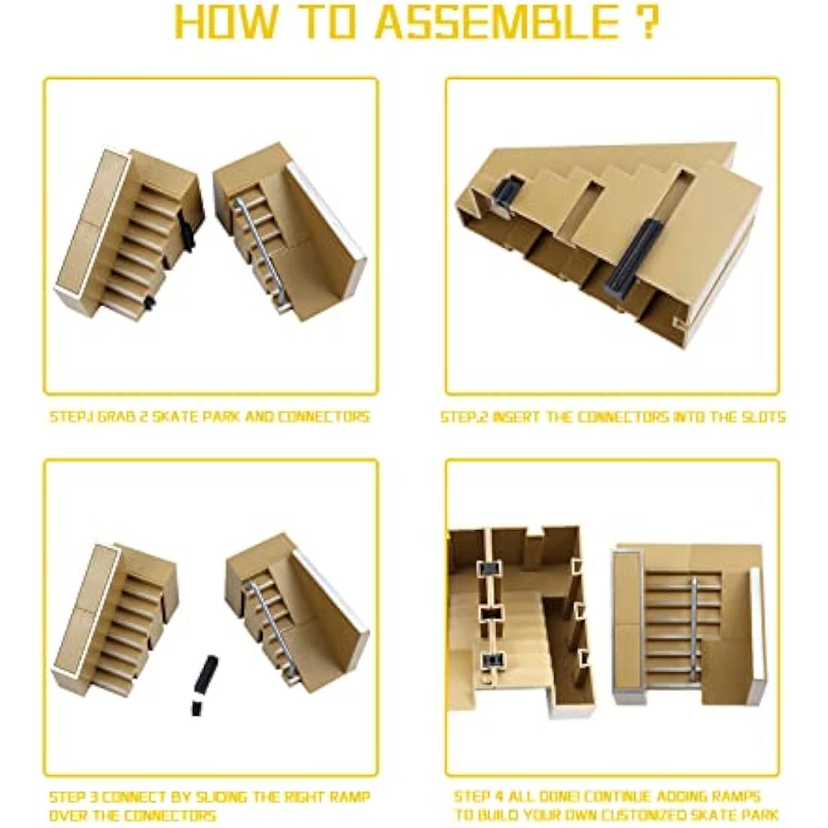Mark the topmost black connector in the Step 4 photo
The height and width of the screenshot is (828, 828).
(x=492, y=570)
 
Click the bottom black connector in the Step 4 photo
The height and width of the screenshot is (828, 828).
(x=492, y=662)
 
